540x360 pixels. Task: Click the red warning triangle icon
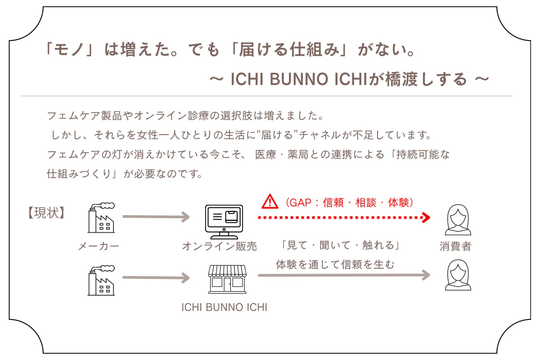270,202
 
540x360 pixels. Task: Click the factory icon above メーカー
101,218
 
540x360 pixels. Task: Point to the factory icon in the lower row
101,280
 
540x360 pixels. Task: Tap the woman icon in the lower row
457,276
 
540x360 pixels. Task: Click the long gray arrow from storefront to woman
344,275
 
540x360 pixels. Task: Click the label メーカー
99,246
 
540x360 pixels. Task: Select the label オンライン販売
220,246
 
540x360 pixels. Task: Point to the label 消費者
455,246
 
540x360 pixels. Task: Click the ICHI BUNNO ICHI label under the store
224,308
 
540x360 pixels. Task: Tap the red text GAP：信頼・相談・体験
349,202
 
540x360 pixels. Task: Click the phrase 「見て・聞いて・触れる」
340,246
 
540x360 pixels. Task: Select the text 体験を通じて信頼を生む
335,265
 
